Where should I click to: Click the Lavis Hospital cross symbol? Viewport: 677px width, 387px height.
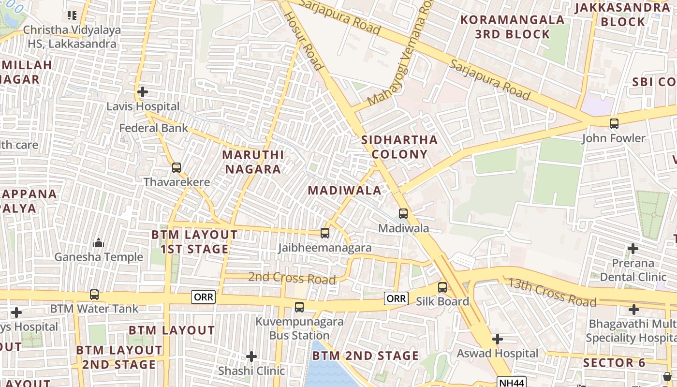coord(142,91)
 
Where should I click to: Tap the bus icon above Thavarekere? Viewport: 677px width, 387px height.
coord(177,168)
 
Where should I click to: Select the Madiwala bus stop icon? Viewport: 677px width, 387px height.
coord(403,213)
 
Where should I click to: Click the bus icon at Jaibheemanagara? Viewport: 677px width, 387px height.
coord(325,233)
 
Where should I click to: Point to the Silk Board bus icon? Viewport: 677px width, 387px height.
coord(442,287)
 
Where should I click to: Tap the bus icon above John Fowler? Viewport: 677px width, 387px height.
coord(614,123)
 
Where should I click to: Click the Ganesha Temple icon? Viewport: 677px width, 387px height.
coord(99,243)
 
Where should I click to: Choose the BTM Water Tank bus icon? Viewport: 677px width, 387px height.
coord(94,294)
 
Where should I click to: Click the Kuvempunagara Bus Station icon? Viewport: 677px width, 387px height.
coord(299,307)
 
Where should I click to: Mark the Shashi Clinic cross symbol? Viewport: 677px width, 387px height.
coord(251,357)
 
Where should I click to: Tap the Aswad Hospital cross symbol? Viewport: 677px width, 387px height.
coord(498,339)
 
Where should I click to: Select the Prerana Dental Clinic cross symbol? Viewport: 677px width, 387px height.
coord(633,249)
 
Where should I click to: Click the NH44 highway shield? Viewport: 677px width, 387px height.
coord(512,383)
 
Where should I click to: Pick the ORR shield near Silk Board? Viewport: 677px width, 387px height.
coord(396,298)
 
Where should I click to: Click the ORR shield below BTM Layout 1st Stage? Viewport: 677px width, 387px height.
coord(203,297)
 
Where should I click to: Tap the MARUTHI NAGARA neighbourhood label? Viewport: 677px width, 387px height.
coord(253,162)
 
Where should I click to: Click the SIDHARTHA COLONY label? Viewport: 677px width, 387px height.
coord(399,147)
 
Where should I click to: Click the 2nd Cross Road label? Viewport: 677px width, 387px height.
coord(292,278)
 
